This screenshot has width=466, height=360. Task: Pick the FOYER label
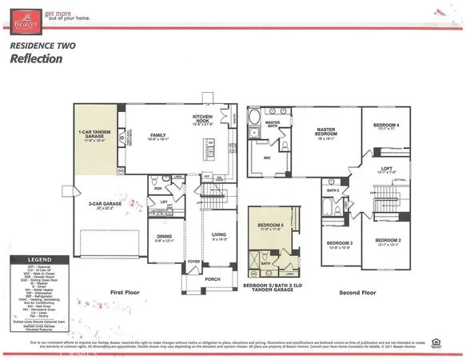point(193,261)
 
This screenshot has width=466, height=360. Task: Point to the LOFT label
point(386,167)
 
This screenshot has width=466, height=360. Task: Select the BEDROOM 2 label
point(388,240)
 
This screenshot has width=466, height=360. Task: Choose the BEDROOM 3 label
point(340,242)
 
